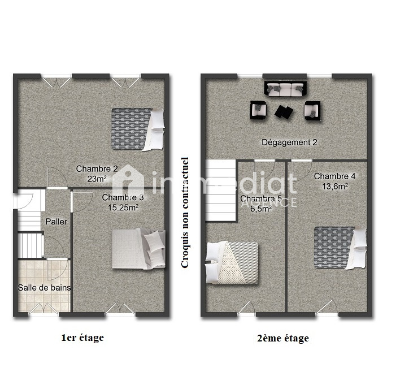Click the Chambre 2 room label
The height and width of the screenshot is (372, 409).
tap(97, 168)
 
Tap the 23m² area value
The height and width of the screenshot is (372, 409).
tap(97, 179)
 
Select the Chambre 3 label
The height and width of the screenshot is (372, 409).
tap(123, 197)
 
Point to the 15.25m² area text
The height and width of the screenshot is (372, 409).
tap(123, 207)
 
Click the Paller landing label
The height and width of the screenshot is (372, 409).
tap(56, 222)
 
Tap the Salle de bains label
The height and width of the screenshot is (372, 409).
tap(44, 288)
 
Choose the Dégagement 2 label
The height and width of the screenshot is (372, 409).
tap(289, 142)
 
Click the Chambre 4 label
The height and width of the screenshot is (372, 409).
tap(334, 176)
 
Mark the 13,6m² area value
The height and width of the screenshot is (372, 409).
tap(335, 187)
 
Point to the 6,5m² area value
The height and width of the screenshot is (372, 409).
tap(261, 209)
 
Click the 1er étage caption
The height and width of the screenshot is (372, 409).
tap(82, 338)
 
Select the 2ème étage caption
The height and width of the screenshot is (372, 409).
tap(283, 338)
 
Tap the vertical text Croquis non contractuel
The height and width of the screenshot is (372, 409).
tap(185, 212)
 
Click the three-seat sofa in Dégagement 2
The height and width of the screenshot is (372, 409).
tap(285, 89)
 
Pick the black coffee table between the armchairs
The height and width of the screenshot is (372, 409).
tap(284, 112)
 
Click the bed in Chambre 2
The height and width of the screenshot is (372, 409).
tap(138, 129)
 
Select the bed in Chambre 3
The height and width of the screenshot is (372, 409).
tap(138, 249)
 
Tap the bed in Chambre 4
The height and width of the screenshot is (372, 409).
tap(341, 248)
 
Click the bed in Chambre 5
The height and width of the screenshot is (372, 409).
tap(232, 262)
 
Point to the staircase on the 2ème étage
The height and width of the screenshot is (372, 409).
tap(221, 191)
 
